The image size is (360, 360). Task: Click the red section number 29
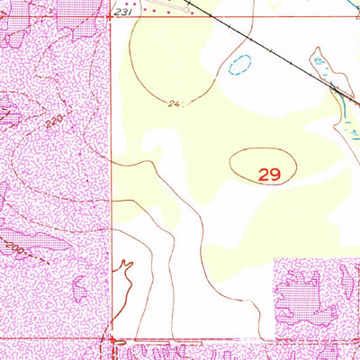268,175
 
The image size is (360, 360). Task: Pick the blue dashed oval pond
239,64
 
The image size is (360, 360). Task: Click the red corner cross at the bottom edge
112,342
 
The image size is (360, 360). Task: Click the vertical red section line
112,180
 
